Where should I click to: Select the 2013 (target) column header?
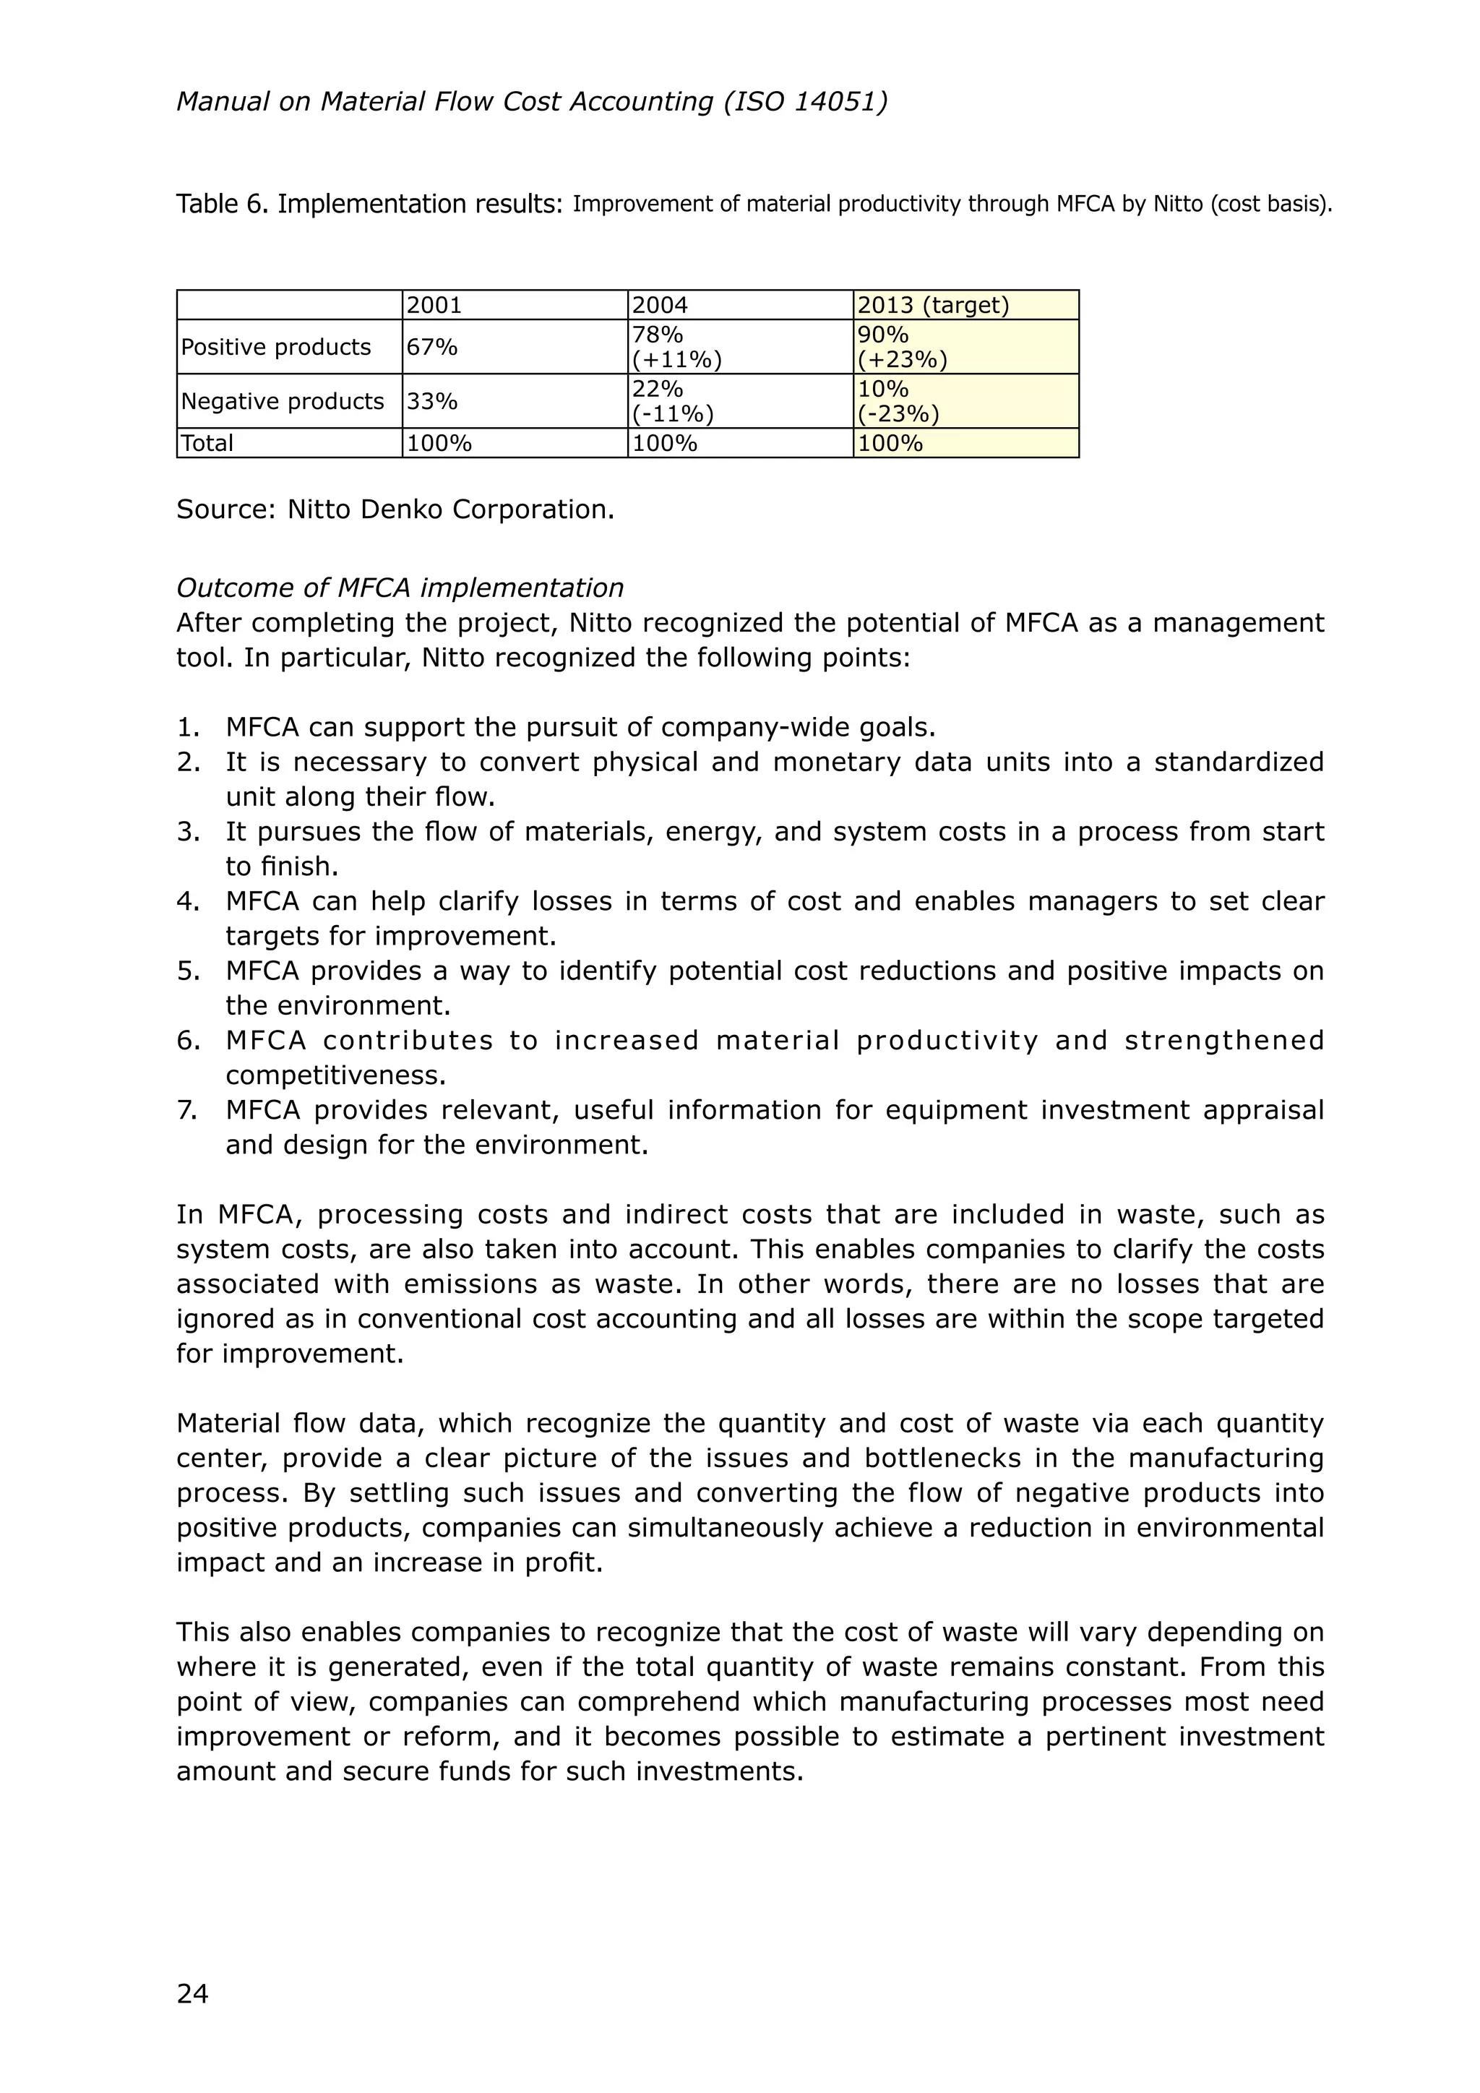(933, 306)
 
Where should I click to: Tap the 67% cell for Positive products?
(432, 348)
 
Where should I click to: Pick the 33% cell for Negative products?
(432, 402)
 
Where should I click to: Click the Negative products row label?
(283, 402)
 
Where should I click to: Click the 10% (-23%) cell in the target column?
(898, 402)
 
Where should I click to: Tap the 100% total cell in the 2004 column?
(664, 444)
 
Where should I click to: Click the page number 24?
(192, 1994)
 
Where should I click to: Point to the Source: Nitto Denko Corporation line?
(395, 510)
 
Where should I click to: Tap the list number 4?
(187, 901)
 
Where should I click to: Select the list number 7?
(187, 1110)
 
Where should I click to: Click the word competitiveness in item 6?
(335, 1075)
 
